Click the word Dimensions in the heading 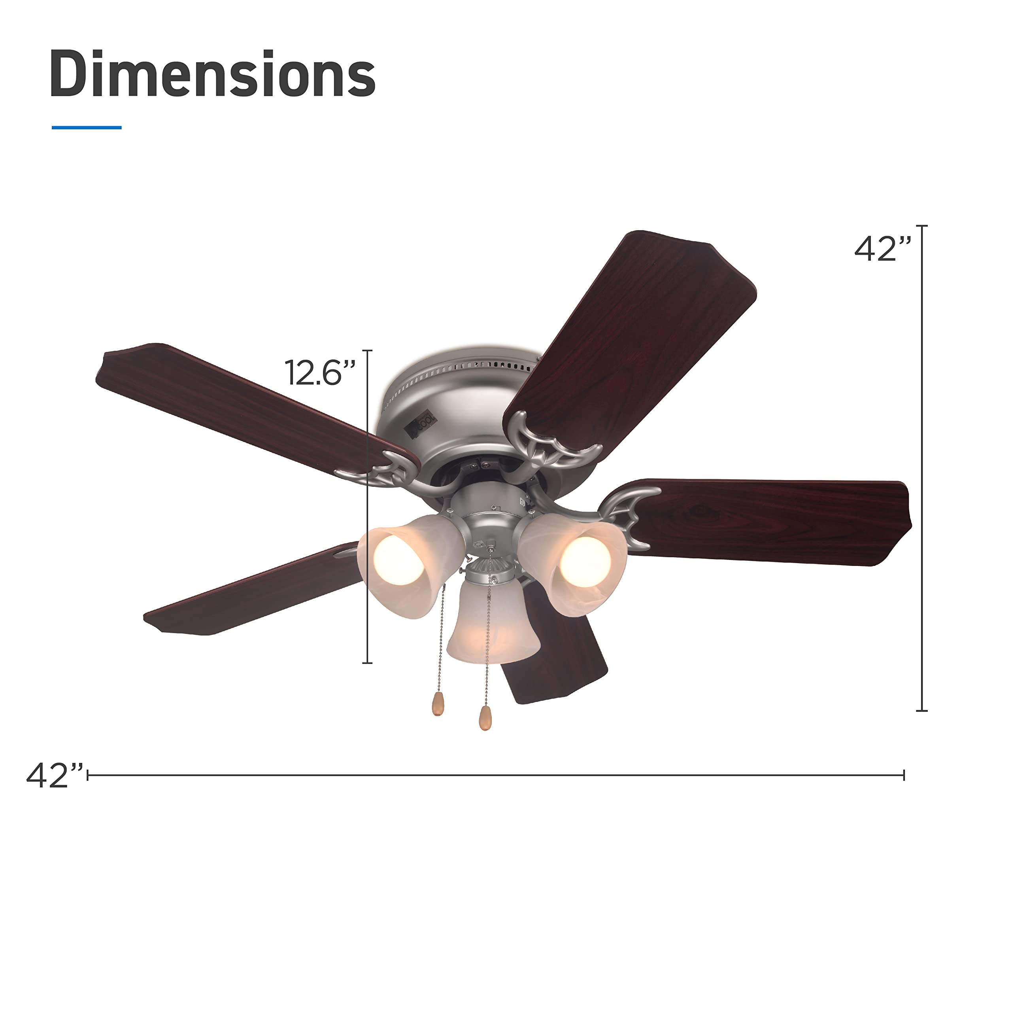[213, 74]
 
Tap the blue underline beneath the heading [87, 127]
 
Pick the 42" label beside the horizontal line [55, 776]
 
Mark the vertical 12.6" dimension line [368, 506]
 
